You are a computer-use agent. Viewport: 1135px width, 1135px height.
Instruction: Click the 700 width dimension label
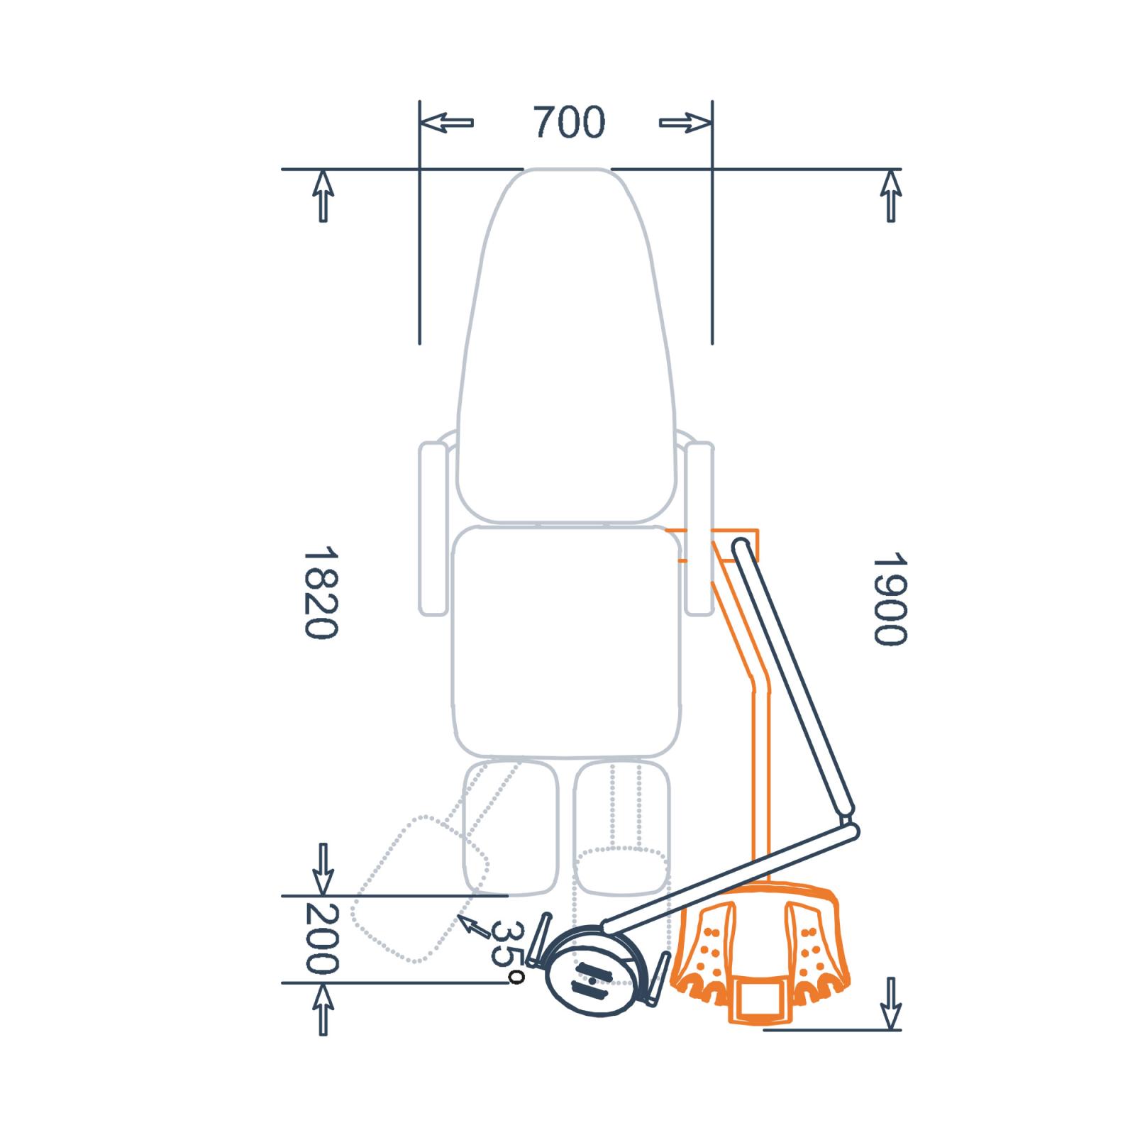569,122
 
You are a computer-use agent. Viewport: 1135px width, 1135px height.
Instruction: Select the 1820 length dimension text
321,592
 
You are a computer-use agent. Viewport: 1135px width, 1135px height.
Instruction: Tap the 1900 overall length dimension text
890,599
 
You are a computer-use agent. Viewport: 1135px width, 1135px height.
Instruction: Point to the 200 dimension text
321,939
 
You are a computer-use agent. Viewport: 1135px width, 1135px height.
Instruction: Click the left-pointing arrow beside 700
446,122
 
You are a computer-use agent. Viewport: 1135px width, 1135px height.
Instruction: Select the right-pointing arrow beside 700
685,123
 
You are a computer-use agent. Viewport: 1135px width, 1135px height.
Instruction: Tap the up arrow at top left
323,196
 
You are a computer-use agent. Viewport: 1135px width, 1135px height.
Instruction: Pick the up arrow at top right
891,196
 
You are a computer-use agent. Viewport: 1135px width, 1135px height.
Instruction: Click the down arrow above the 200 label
323,869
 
